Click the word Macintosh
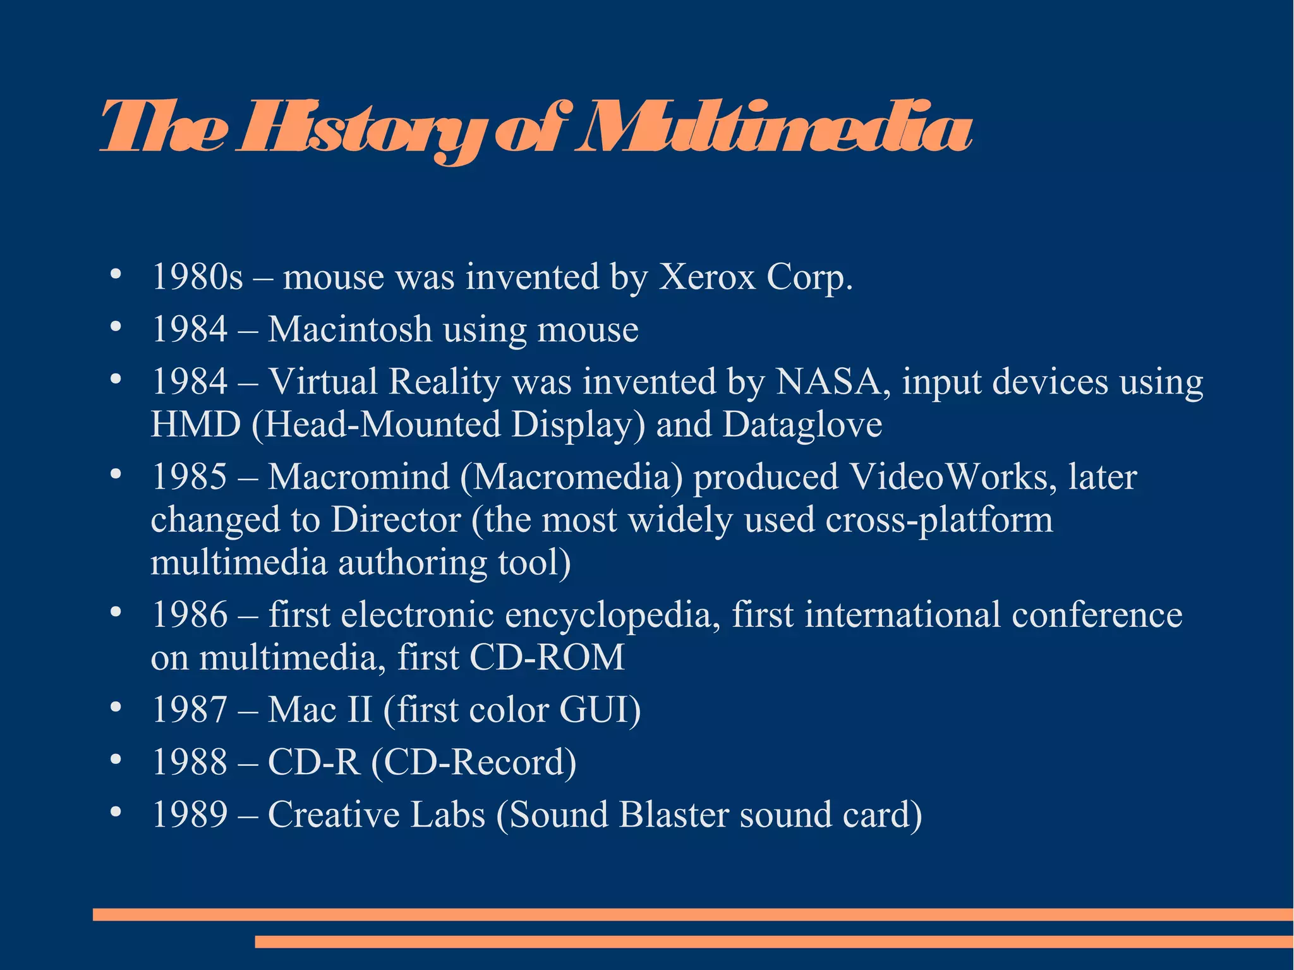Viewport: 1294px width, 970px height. tap(349, 329)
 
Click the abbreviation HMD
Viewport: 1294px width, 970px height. tap(196, 424)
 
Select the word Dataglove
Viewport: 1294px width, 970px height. tap(802, 424)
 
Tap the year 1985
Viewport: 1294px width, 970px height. tap(190, 476)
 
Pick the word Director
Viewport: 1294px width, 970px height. tap(396, 519)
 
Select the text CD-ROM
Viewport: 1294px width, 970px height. tap(547, 657)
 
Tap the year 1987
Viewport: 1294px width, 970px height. tap(190, 710)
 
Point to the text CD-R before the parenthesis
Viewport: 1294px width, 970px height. tap(313, 762)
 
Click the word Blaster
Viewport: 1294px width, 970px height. tap(674, 815)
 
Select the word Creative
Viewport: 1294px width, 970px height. tap(334, 815)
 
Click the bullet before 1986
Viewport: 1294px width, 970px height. tap(114, 612)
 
